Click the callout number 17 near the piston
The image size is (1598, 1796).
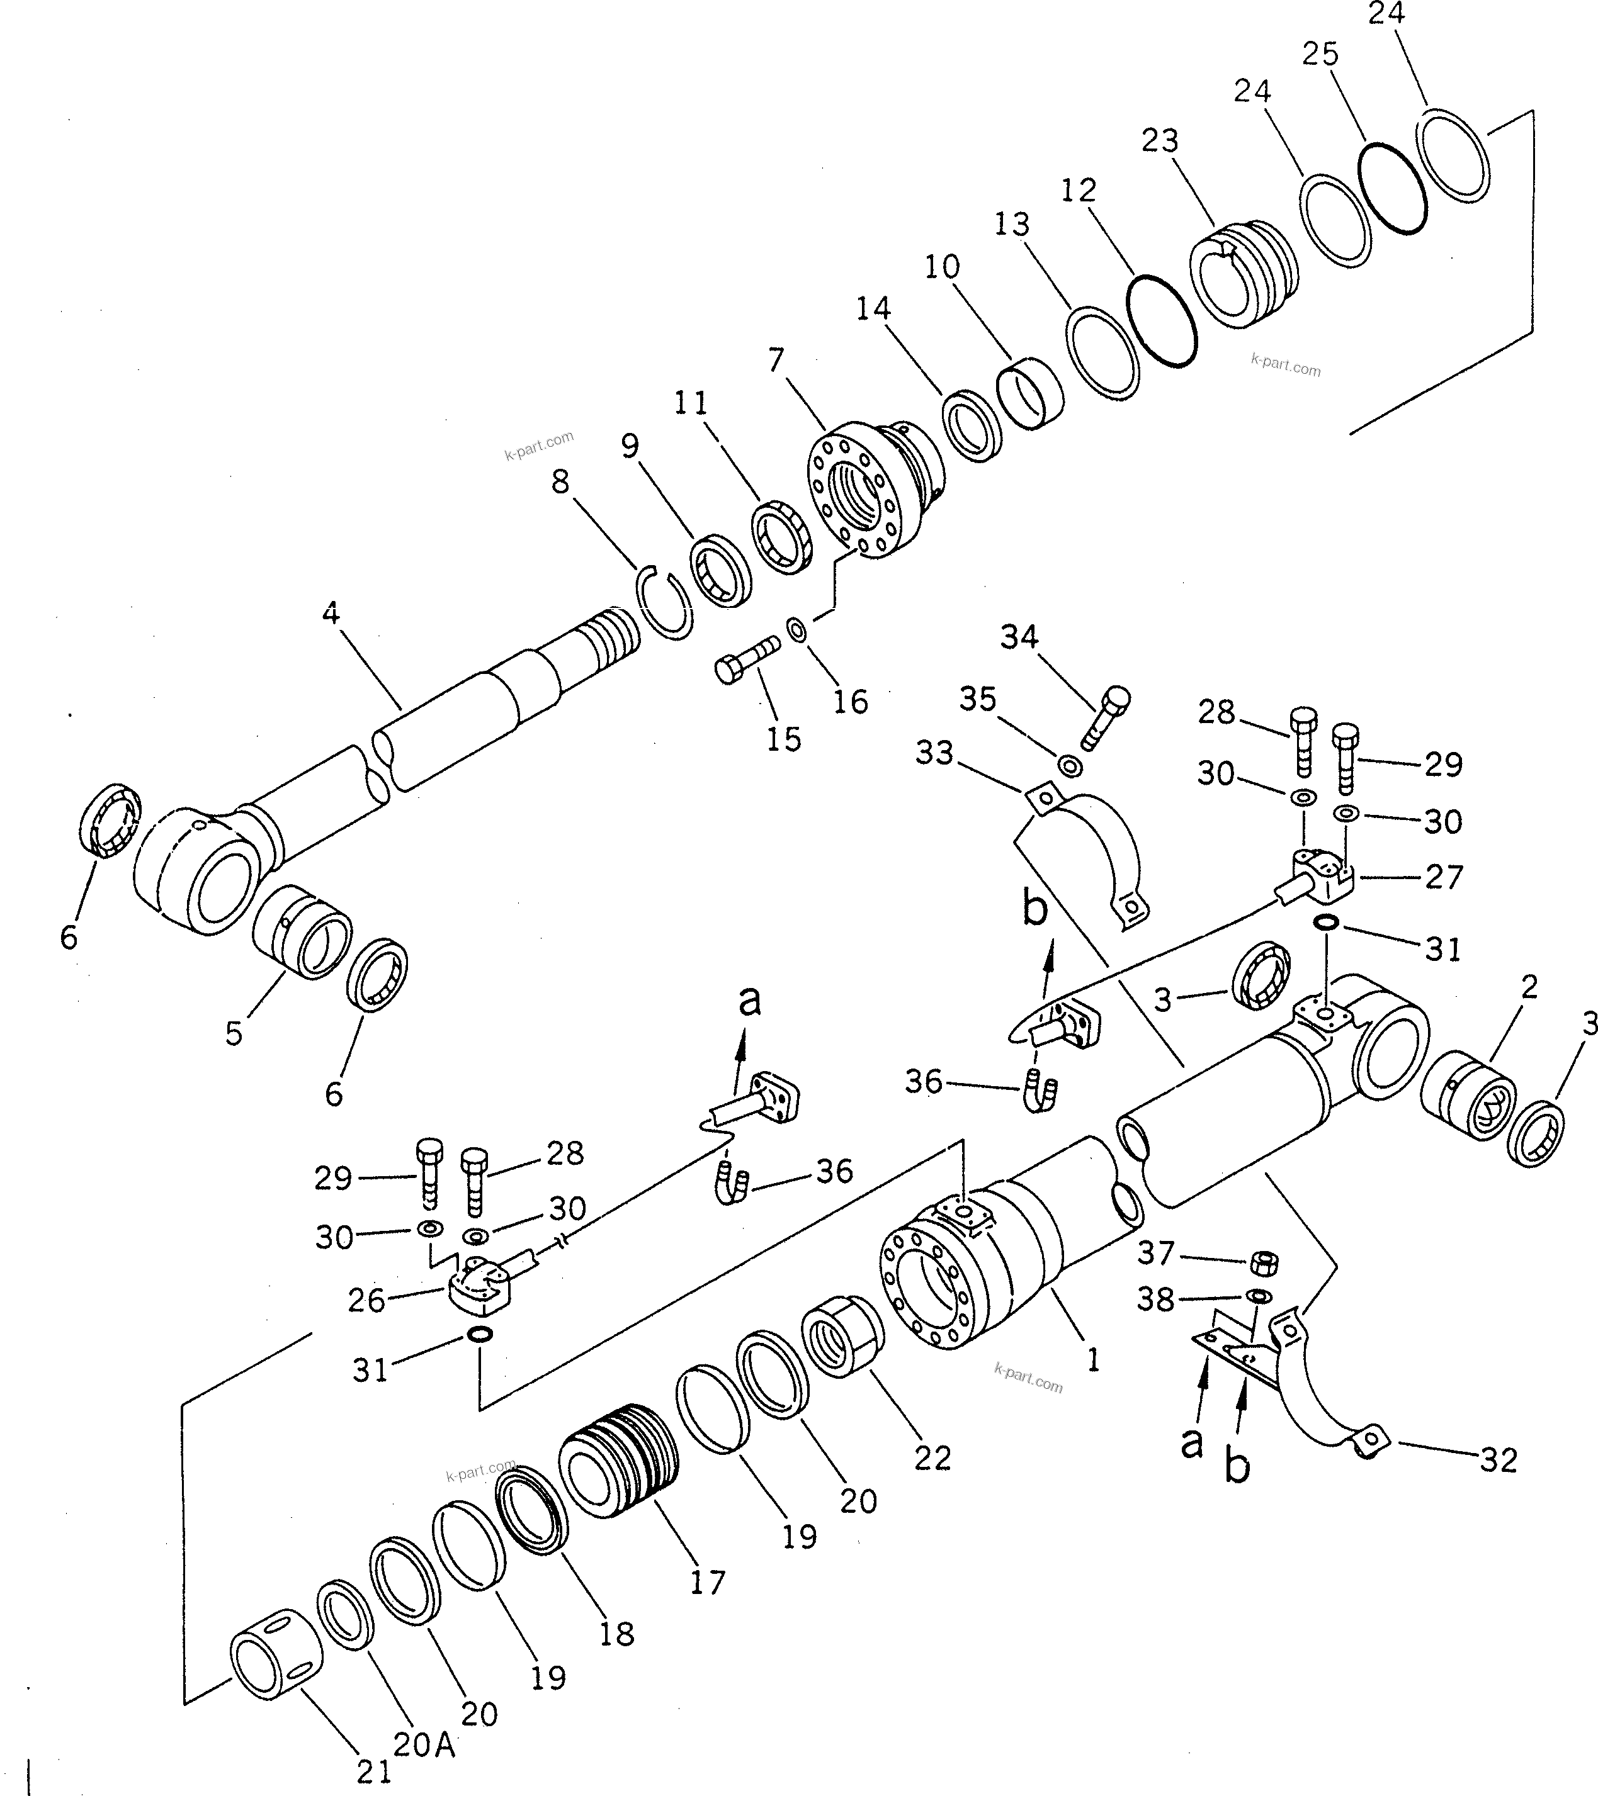click(708, 1583)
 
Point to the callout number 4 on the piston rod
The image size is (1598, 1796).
click(331, 612)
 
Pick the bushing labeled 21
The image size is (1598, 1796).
click(276, 1663)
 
